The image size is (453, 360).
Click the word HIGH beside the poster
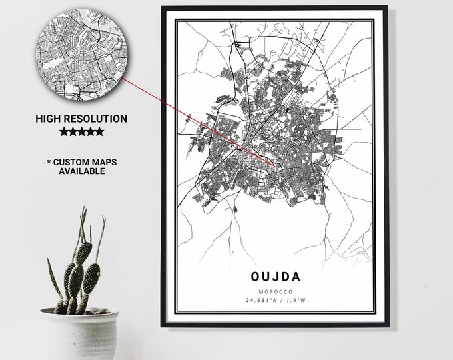(51, 119)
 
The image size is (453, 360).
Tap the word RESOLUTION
(96, 119)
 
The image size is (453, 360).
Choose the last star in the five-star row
(99, 132)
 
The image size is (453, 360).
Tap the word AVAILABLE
(81, 171)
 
